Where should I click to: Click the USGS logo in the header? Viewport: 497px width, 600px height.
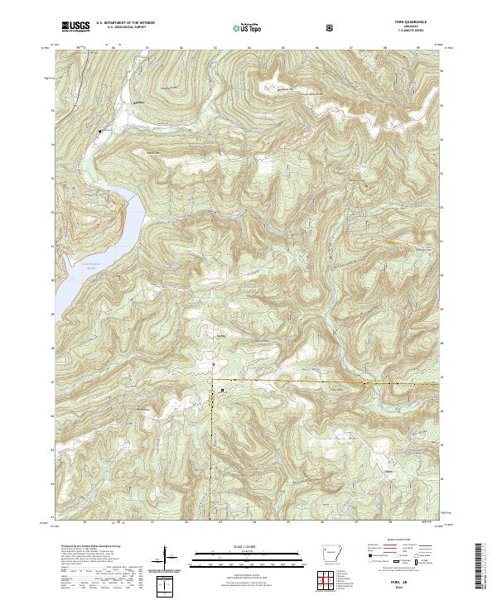[76, 28]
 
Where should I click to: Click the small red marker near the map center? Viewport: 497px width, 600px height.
[212, 363]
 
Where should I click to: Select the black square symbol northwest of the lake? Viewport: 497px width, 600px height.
[100, 131]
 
